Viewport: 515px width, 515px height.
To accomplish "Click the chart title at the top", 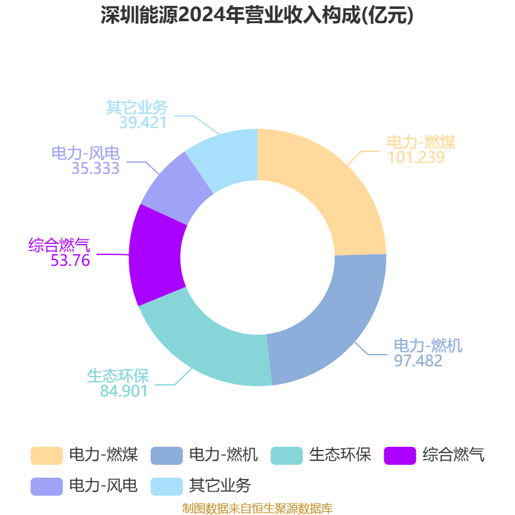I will pos(257,15).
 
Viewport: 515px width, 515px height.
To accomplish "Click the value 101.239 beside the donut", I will pos(416,157).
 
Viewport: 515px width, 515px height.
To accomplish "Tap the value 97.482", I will pos(418,360).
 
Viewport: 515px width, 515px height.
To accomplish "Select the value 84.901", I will pos(124,390).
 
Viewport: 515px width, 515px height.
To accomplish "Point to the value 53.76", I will pos(70,260).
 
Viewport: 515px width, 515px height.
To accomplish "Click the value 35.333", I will pos(95,169).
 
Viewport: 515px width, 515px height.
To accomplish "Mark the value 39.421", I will pos(143,122).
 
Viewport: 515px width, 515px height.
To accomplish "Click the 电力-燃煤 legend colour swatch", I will pos(46,456).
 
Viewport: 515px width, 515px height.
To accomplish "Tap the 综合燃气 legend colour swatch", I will pos(400,456).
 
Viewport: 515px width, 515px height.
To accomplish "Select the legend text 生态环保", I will pos(341,456).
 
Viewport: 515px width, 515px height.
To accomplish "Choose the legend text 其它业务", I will pos(220,485).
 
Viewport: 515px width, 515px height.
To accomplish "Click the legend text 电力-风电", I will pos(104,485).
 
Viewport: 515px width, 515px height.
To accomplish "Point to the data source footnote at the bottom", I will pos(257,509).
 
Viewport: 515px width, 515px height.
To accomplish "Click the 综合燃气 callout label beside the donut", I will pos(59,245).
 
